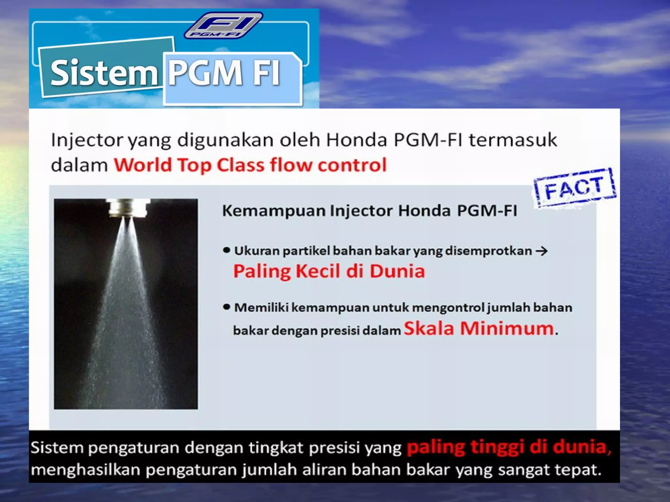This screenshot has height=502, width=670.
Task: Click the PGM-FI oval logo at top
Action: tap(223, 25)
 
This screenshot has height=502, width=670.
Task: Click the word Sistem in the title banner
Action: tap(104, 73)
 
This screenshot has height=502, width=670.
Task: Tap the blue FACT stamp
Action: tap(574, 188)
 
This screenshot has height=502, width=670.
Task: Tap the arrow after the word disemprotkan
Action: tap(541, 251)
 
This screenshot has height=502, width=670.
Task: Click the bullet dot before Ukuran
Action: tap(226, 251)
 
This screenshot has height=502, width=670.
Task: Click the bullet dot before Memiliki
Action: tap(226, 307)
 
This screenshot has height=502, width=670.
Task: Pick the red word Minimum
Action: tap(507, 328)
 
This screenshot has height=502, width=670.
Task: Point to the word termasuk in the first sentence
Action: tap(513, 140)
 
